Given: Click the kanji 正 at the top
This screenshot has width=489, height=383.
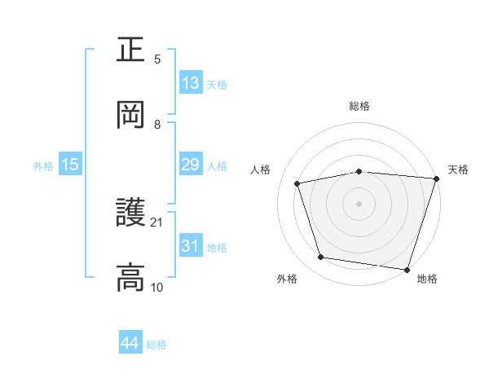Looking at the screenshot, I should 130,50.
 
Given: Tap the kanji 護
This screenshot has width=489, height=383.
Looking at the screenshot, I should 130,214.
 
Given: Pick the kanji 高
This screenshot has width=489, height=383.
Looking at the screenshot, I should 130,278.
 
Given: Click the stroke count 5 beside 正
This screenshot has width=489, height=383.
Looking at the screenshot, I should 157,59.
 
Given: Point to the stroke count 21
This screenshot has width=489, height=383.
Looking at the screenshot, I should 157,222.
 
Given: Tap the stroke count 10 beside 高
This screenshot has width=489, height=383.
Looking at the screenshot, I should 157,287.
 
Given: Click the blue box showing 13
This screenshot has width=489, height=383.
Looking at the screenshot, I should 190,83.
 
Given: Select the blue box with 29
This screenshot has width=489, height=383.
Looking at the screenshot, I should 190,165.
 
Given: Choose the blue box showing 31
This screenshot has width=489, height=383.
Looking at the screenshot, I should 190,246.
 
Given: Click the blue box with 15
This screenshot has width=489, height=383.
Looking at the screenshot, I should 70,165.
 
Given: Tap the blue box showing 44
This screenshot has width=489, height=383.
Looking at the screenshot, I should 130,343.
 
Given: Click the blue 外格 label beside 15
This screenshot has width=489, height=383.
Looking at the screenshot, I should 43,165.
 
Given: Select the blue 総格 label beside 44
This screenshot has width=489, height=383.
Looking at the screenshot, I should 156,344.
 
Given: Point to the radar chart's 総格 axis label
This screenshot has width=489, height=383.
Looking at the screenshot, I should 359,106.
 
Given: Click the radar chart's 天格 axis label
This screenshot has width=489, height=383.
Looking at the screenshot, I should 458,169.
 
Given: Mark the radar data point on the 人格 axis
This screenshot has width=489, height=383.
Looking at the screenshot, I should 297,183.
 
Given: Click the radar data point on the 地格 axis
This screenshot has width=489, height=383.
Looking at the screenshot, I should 407,269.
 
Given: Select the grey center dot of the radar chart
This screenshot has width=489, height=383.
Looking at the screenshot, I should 359,203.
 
